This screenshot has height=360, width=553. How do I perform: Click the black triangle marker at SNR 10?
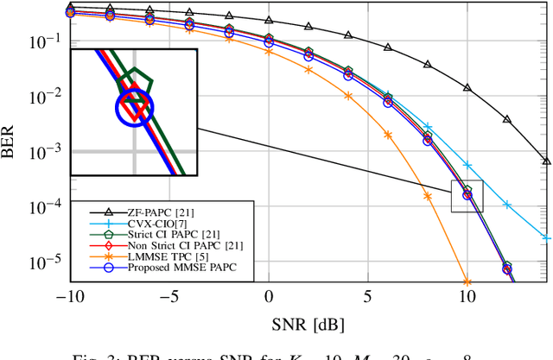[x=467, y=88]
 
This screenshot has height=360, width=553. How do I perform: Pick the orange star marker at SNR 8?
[x=428, y=196]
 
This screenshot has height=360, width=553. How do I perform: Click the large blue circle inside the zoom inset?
[x=133, y=109]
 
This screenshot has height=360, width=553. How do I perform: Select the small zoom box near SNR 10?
[x=467, y=198]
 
